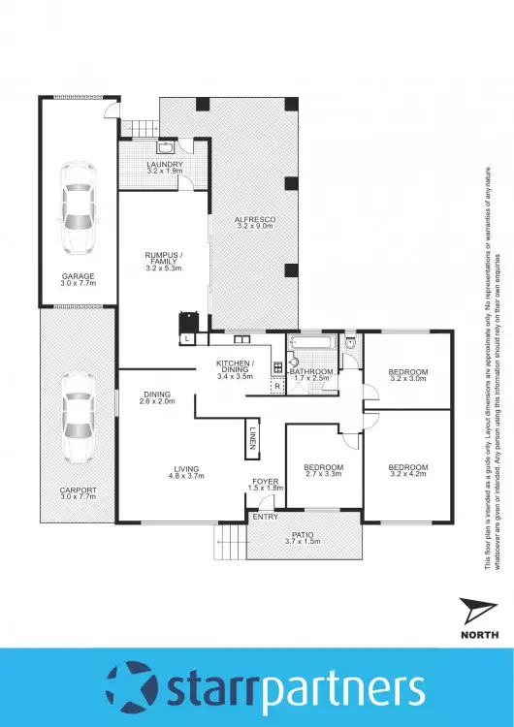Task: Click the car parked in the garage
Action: [x=78, y=205]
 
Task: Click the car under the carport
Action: [x=78, y=417]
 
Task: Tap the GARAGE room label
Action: [x=78, y=275]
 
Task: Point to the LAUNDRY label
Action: [x=165, y=165]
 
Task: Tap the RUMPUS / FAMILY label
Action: [x=163, y=258]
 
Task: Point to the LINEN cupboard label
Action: [x=251, y=437]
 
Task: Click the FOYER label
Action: [x=265, y=479]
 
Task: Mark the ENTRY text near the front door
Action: [x=265, y=517]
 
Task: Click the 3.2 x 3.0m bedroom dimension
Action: [x=408, y=380]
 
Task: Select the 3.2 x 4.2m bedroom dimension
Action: [x=408, y=475]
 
